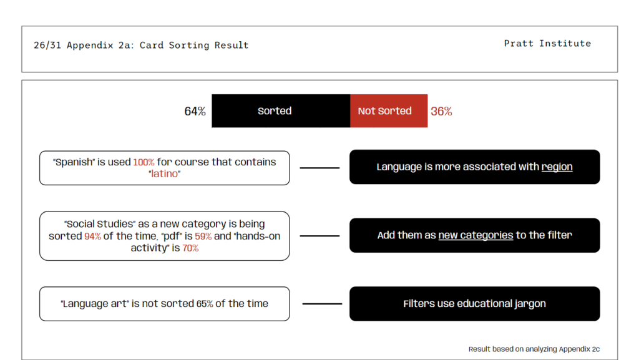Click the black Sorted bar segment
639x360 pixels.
pos(281,111)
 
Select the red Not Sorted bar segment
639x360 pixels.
pos(389,111)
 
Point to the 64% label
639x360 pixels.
pos(195,111)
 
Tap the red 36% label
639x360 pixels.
pos(441,111)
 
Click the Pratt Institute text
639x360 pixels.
pos(547,43)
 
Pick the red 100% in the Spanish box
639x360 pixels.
pos(144,162)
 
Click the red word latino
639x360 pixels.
pos(165,174)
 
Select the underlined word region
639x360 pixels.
pos(557,167)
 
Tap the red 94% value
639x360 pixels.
pos(92,236)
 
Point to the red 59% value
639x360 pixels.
pos(203,236)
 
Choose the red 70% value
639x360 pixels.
pos(190,248)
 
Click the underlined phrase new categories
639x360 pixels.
pos(476,235)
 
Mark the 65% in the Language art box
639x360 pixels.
pos(205,304)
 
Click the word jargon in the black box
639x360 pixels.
pos(530,304)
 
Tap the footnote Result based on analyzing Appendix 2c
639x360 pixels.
pos(534,349)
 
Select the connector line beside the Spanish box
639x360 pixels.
pos(319,168)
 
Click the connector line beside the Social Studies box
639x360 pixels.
pos(319,236)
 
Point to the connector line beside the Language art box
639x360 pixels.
pos(322,304)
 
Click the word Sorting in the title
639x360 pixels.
pos(188,45)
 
